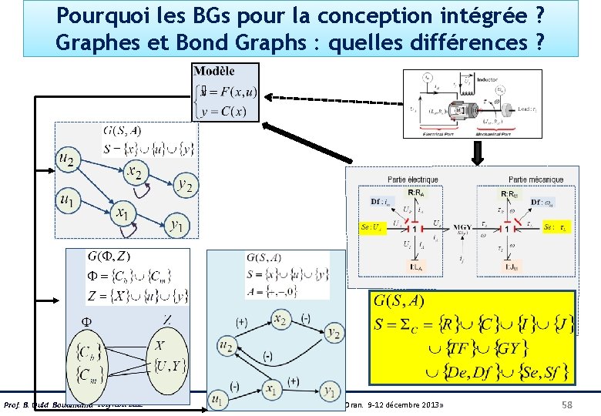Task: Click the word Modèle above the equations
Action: click(215, 71)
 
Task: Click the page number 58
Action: click(568, 405)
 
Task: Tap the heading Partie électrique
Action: click(413, 179)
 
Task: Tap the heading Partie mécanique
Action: click(536, 179)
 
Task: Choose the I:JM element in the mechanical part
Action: click(511, 267)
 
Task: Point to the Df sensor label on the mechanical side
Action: click(542, 203)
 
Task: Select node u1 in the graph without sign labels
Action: click(66, 199)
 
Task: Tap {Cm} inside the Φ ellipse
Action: click(92, 378)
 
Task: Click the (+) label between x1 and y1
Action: click(292, 381)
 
